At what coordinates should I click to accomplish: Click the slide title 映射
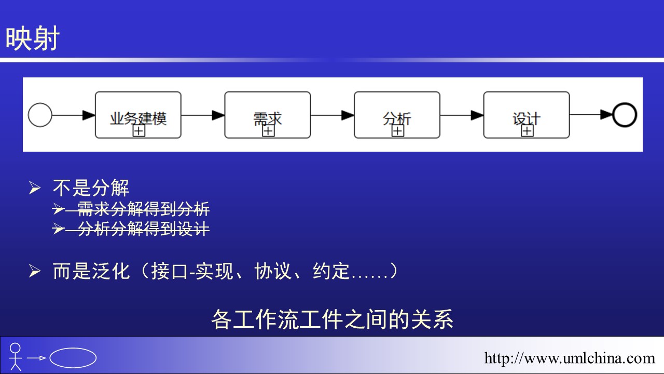tap(33, 39)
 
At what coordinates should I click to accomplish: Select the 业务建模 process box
tap(138, 115)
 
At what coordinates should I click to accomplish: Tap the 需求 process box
tap(267, 115)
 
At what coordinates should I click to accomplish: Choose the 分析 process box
tap(397, 115)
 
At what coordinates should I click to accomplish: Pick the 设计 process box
tap(526, 115)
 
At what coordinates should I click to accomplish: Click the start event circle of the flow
tap(40, 115)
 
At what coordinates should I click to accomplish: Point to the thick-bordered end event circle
tap(624, 115)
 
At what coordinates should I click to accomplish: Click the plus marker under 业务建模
tap(139, 131)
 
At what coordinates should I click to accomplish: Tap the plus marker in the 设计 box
tap(527, 131)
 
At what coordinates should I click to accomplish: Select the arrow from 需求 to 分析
tap(332, 115)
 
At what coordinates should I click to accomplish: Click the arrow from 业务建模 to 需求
tap(202, 115)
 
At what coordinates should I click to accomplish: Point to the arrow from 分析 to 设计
tap(462, 115)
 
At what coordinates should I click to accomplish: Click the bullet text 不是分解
tap(91, 188)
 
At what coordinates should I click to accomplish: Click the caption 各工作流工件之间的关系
tap(332, 319)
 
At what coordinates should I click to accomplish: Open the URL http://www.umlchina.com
tap(570, 358)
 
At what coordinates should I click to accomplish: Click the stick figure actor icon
tap(16, 356)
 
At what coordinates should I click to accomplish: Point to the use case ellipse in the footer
tap(73, 357)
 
